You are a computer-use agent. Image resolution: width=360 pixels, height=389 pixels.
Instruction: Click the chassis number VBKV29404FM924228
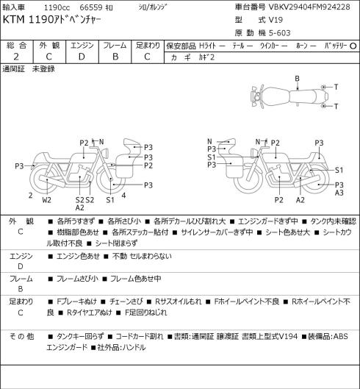tap(309, 7)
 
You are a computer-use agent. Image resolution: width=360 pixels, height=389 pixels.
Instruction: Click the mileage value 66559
tap(91, 7)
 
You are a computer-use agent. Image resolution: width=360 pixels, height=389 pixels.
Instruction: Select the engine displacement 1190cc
tap(57, 7)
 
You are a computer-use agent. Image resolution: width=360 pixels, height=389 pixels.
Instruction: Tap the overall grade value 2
tap(16, 57)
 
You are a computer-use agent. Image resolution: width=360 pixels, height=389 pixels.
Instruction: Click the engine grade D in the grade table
tap(82, 57)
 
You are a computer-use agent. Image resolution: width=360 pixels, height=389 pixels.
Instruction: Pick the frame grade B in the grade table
tap(115, 57)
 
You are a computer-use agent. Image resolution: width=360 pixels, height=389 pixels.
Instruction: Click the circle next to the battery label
tap(353, 46)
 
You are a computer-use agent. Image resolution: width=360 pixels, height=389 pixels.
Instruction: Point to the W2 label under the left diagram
tap(46, 200)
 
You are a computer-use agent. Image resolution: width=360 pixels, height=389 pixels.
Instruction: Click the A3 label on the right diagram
tap(339, 193)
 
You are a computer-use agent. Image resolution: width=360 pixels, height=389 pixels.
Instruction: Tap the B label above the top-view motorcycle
tap(297, 79)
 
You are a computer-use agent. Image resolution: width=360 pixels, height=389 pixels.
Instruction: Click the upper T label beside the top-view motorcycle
tap(336, 87)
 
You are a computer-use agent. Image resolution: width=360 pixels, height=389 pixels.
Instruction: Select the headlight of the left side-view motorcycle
tap(105, 152)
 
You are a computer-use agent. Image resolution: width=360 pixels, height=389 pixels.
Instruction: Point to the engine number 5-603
tap(278, 33)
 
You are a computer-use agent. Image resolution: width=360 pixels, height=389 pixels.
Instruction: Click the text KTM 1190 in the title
tap(27, 20)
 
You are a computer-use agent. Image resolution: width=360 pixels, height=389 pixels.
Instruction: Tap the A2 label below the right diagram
tap(300, 200)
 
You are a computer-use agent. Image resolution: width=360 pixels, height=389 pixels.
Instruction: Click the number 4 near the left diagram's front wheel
tap(123, 196)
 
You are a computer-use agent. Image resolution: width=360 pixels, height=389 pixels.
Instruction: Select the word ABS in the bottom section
tap(341, 336)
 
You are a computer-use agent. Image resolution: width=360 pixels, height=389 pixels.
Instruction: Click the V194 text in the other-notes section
tap(288, 336)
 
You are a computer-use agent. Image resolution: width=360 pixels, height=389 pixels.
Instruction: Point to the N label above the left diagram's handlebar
tap(101, 142)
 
